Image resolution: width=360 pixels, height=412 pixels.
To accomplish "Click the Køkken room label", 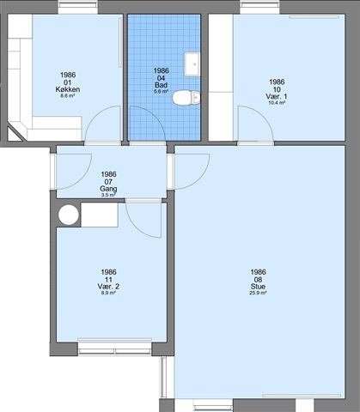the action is pyautogui.click(x=68, y=89).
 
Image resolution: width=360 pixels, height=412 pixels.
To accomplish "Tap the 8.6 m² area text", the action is pyautogui.click(x=68, y=96).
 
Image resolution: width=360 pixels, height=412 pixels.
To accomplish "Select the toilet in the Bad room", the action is pyautogui.click(x=186, y=98).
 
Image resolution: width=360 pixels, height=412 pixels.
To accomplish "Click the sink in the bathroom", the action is pyautogui.click(x=192, y=64).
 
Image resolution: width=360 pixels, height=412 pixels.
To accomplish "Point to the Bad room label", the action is pyautogui.click(x=161, y=85).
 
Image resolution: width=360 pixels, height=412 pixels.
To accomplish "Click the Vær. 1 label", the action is pyautogui.click(x=277, y=96).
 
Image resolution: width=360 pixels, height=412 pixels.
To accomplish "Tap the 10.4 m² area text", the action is pyautogui.click(x=277, y=103).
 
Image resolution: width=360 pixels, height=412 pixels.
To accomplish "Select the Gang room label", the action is pyautogui.click(x=108, y=189).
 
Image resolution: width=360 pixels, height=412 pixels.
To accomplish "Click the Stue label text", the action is pyautogui.click(x=258, y=287).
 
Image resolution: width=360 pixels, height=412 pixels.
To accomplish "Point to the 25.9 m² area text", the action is pyautogui.click(x=258, y=293).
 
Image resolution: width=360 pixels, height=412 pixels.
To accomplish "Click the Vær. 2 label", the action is pyautogui.click(x=108, y=287).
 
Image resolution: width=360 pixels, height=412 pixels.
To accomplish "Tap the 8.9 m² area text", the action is pyautogui.click(x=108, y=293).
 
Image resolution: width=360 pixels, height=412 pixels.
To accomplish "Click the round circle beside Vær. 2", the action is pyautogui.click(x=69, y=215).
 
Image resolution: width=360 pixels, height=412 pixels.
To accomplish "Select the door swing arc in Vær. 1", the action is pyautogui.click(x=264, y=116).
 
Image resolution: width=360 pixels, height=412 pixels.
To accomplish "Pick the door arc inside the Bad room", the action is pyautogui.click(x=156, y=116).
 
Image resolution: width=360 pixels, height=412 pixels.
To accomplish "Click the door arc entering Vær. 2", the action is pyautogui.click(x=136, y=228).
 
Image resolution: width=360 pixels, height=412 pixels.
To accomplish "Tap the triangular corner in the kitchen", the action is pyautogui.click(x=14, y=135).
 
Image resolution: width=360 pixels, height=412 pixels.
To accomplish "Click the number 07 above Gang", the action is pyautogui.click(x=108, y=182).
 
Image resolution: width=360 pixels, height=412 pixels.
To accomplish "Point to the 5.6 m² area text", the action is pyautogui.click(x=161, y=92).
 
